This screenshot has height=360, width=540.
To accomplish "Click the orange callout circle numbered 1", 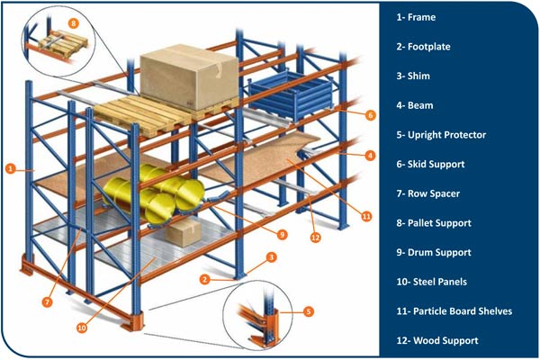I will point(11,167).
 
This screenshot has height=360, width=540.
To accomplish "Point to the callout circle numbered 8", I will point(74,21).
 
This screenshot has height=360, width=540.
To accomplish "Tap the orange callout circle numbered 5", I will point(309,311).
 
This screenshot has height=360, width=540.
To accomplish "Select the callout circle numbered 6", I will point(371,115).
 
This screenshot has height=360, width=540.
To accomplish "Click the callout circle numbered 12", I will point(315,238).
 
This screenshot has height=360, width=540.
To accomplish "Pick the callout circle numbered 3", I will point(271,258).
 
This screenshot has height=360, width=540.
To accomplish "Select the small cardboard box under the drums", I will point(185,234).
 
